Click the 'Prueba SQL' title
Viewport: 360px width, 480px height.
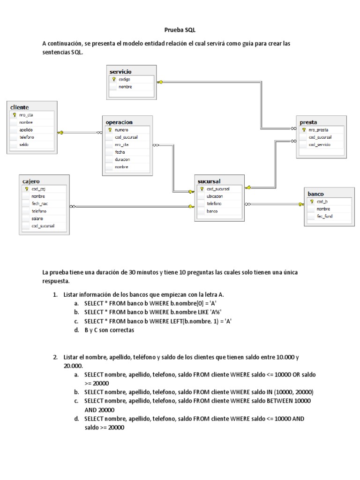[180, 30]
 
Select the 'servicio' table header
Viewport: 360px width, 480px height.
[120, 72]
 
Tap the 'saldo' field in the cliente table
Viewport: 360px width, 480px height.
[24, 145]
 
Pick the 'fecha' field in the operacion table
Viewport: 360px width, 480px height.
[120, 152]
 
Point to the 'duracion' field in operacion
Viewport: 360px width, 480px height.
[122, 159]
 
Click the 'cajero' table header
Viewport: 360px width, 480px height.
[31, 181]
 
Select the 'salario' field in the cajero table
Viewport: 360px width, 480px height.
[38, 218]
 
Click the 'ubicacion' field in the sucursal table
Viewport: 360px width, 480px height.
[215, 196]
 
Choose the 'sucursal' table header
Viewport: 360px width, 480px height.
[210, 181]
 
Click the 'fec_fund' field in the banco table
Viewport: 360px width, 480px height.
[324, 216]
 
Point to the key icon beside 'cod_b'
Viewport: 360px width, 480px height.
[312, 201]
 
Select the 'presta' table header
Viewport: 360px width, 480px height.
[308, 122]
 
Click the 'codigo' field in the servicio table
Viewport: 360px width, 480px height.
[125, 79]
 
